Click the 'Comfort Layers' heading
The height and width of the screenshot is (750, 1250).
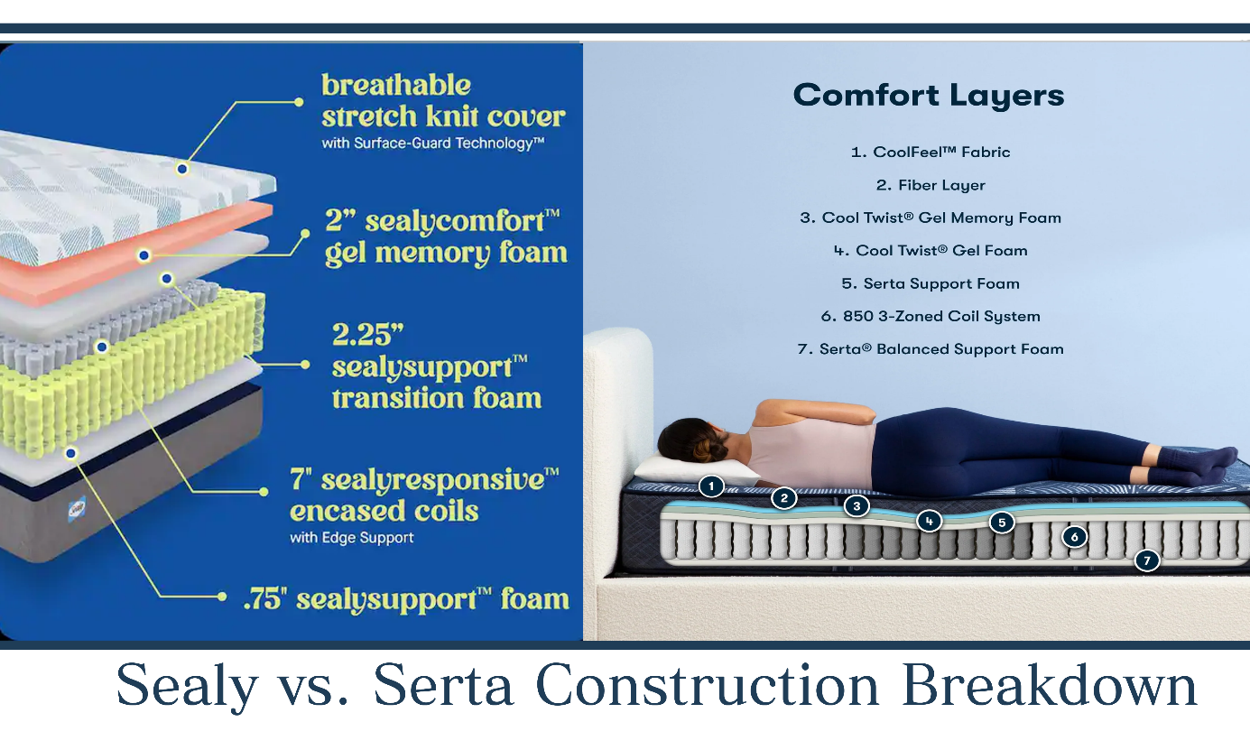(x=929, y=95)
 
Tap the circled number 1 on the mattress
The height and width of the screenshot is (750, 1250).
(x=711, y=486)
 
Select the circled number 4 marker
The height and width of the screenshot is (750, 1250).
(x=929, y=521)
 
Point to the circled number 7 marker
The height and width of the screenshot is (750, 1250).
(x=1147, y=560)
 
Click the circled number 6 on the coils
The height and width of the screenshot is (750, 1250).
(x=1074, y=537)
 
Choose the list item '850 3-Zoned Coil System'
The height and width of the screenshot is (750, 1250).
(x=931, y=317)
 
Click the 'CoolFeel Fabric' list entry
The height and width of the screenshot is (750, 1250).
(x=931, y=152)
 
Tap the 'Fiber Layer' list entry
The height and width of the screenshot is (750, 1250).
(x=931, y=185)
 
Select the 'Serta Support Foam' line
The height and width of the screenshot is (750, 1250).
(x=931, y=283)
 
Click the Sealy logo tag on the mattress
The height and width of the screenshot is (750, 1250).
(x=77, y=508)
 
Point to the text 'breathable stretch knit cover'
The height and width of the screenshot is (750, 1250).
(x=443, y=101)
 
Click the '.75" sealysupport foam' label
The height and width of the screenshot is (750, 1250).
(x=406, y=598)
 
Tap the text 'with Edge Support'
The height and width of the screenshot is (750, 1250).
(x=352, y=537)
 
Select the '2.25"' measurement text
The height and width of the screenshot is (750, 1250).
(x=367, y=335)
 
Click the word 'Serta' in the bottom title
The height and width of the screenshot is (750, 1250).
(x=442, y=685)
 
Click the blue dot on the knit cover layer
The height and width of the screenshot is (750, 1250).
(x=182, y=169)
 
